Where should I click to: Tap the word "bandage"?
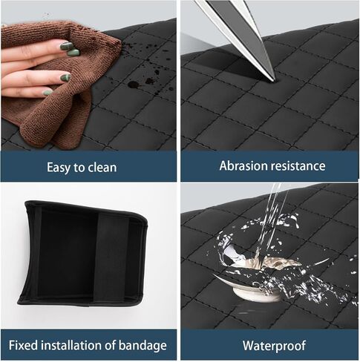pos(143,346)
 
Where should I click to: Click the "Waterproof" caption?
pos(274,346)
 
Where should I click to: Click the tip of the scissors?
pos(274,80)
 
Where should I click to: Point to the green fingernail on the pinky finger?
pos(48,93)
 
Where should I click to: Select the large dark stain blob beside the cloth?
pos(134,85)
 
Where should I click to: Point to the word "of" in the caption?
pos(110,345)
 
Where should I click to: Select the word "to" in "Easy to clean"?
pos(79,168)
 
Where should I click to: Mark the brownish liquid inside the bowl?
pos(269,262)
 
